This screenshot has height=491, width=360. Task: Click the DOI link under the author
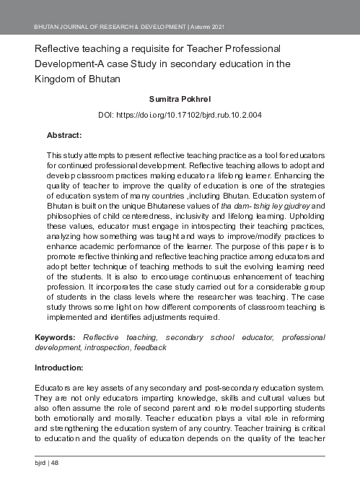point(179,116)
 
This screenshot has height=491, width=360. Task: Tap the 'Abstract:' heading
point(64,135)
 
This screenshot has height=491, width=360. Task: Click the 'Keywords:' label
point(57,337)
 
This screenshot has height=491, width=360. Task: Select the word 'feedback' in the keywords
point(152,347)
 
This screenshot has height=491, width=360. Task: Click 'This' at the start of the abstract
point(56,156)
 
